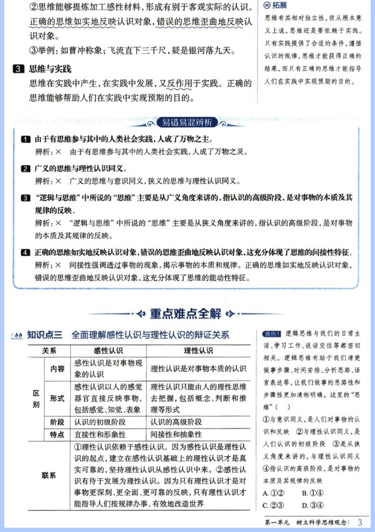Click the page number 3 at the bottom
click(360, 523)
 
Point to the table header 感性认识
click(108, 351)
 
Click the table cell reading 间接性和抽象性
click(176, 434)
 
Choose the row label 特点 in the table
click(57, 434)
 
